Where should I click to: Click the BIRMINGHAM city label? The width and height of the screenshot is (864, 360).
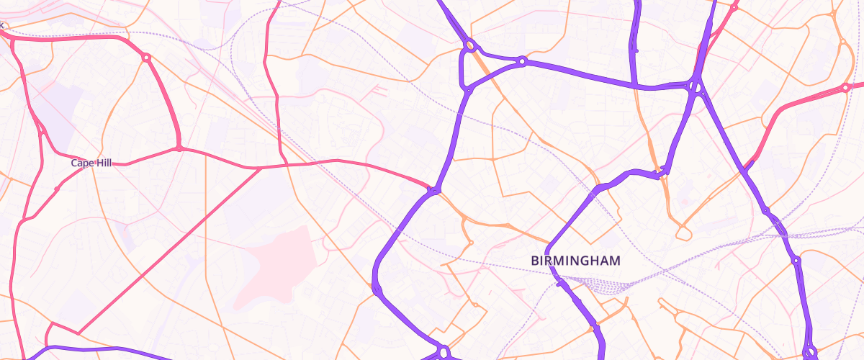[575, 261]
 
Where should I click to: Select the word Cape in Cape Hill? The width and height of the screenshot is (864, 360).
[81, 163]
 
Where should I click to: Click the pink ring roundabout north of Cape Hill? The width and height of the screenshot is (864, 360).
[146, 58]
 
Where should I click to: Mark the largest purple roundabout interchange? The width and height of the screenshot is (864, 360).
[695, 87]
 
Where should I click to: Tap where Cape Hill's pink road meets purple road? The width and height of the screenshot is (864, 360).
[433, 191]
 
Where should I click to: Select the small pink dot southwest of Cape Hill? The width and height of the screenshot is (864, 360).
[57, 189]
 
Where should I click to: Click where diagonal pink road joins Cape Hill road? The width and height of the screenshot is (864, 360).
[259, 168]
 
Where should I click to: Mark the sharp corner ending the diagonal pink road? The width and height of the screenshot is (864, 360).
[78, 333]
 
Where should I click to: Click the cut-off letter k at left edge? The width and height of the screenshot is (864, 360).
[2, 26]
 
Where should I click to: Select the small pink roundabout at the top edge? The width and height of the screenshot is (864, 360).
[734, 7]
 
